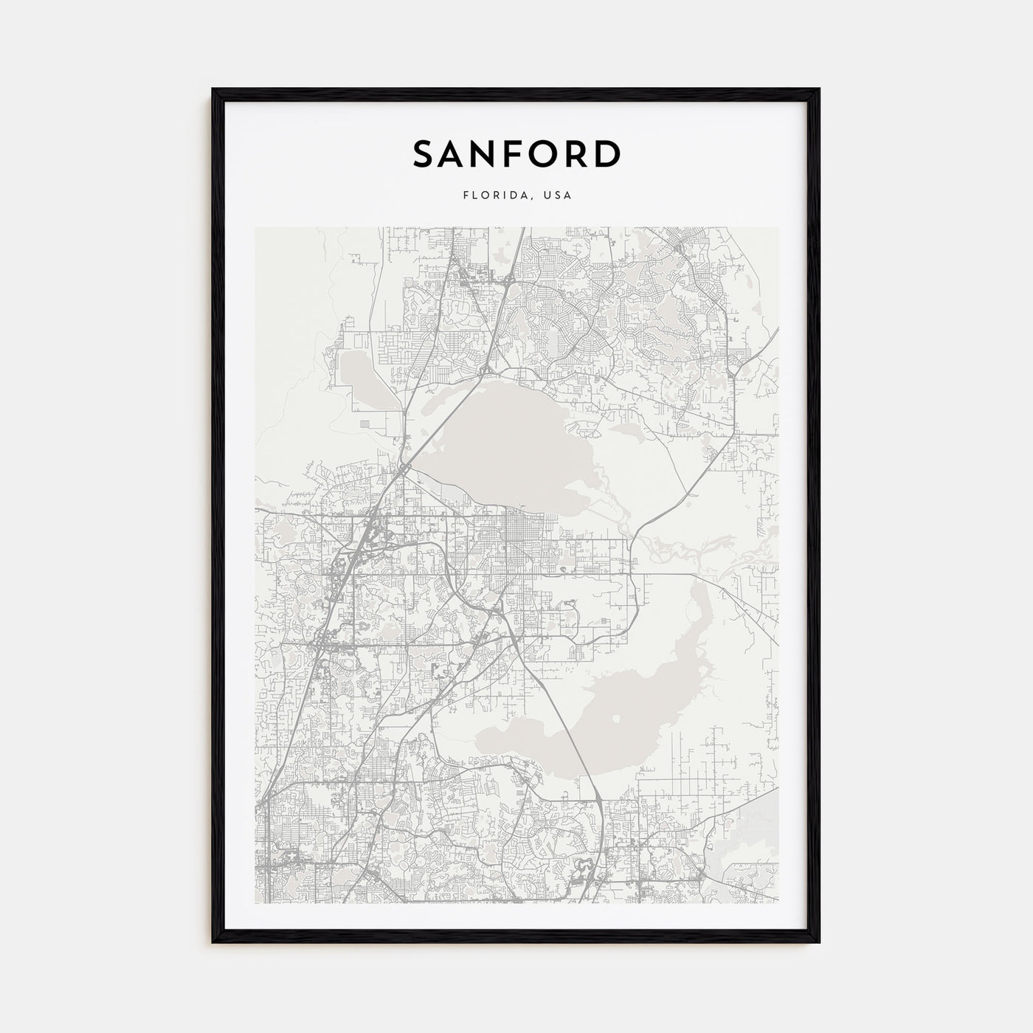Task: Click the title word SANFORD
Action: point(516,153)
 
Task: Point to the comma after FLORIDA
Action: point(533,198)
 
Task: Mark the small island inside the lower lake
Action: point(617,718)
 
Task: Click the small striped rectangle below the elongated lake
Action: point(366,424)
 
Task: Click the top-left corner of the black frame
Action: point(214,91)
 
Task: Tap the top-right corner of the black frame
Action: point(818,91)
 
